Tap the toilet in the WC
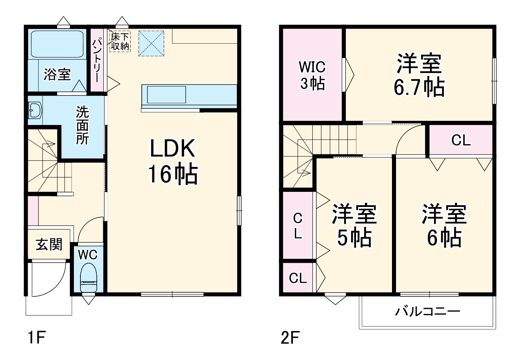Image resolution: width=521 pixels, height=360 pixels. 88,278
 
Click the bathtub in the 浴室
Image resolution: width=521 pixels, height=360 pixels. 57,43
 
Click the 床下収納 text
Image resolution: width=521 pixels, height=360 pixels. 120,42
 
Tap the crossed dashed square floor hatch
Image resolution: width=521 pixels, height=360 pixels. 151,42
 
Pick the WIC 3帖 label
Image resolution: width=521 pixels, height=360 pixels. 312,75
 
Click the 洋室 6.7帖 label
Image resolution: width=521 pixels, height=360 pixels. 419,75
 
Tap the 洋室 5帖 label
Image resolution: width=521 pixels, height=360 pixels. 354,226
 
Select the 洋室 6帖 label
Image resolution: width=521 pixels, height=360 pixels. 444,226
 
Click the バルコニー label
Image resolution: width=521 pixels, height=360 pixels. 427,312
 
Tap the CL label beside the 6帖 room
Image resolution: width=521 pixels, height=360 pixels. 461,141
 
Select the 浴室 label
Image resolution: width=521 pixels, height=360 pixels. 57,75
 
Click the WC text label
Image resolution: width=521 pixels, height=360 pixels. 88,255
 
